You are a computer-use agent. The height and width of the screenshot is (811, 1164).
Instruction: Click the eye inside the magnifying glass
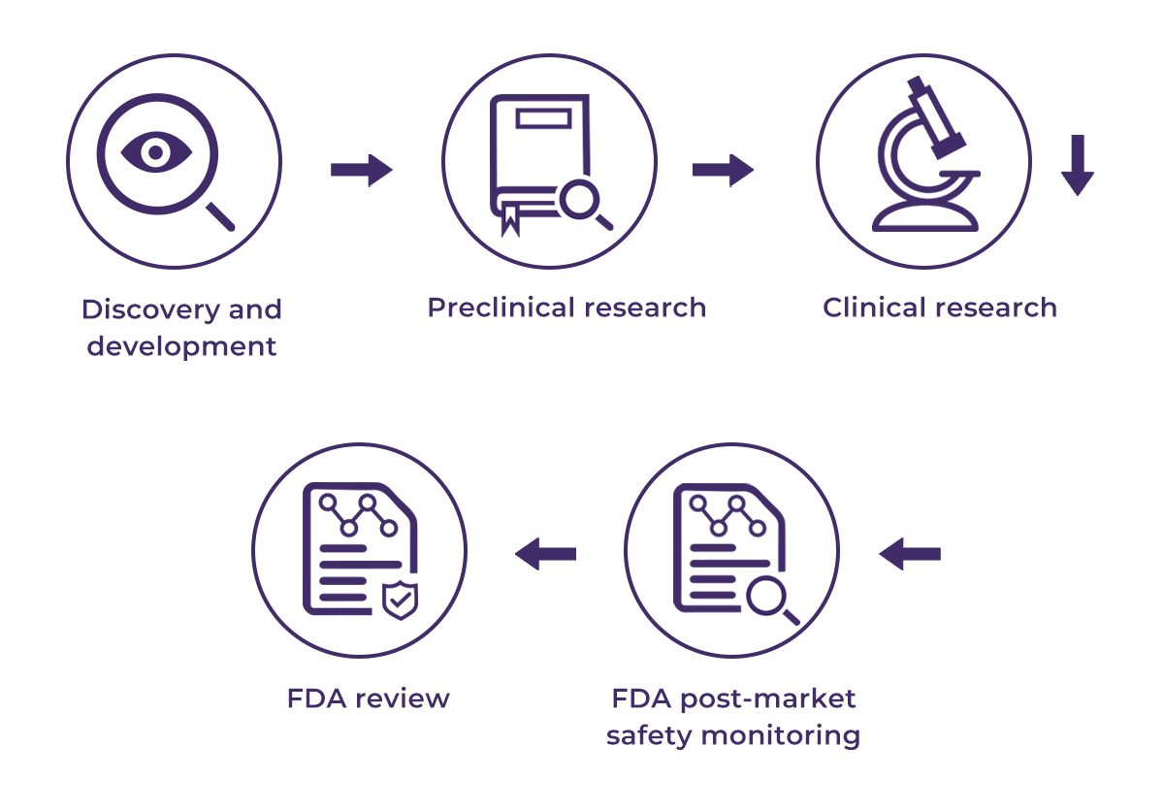click(155, 151)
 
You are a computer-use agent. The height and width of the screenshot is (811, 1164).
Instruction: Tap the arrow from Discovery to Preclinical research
click(361, 171)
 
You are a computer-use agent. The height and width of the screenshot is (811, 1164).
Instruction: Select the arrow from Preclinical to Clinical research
click(723, 170)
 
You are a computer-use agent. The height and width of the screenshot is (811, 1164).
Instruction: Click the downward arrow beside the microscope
click(1077, 166)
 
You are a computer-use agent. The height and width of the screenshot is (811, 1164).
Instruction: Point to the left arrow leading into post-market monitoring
click(910, 555)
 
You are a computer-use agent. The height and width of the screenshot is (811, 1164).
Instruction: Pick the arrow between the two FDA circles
click(545, 555)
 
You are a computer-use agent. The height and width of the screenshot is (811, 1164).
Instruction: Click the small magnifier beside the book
click(584, 205)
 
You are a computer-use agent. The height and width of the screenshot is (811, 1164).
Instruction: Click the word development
click(181, 346)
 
